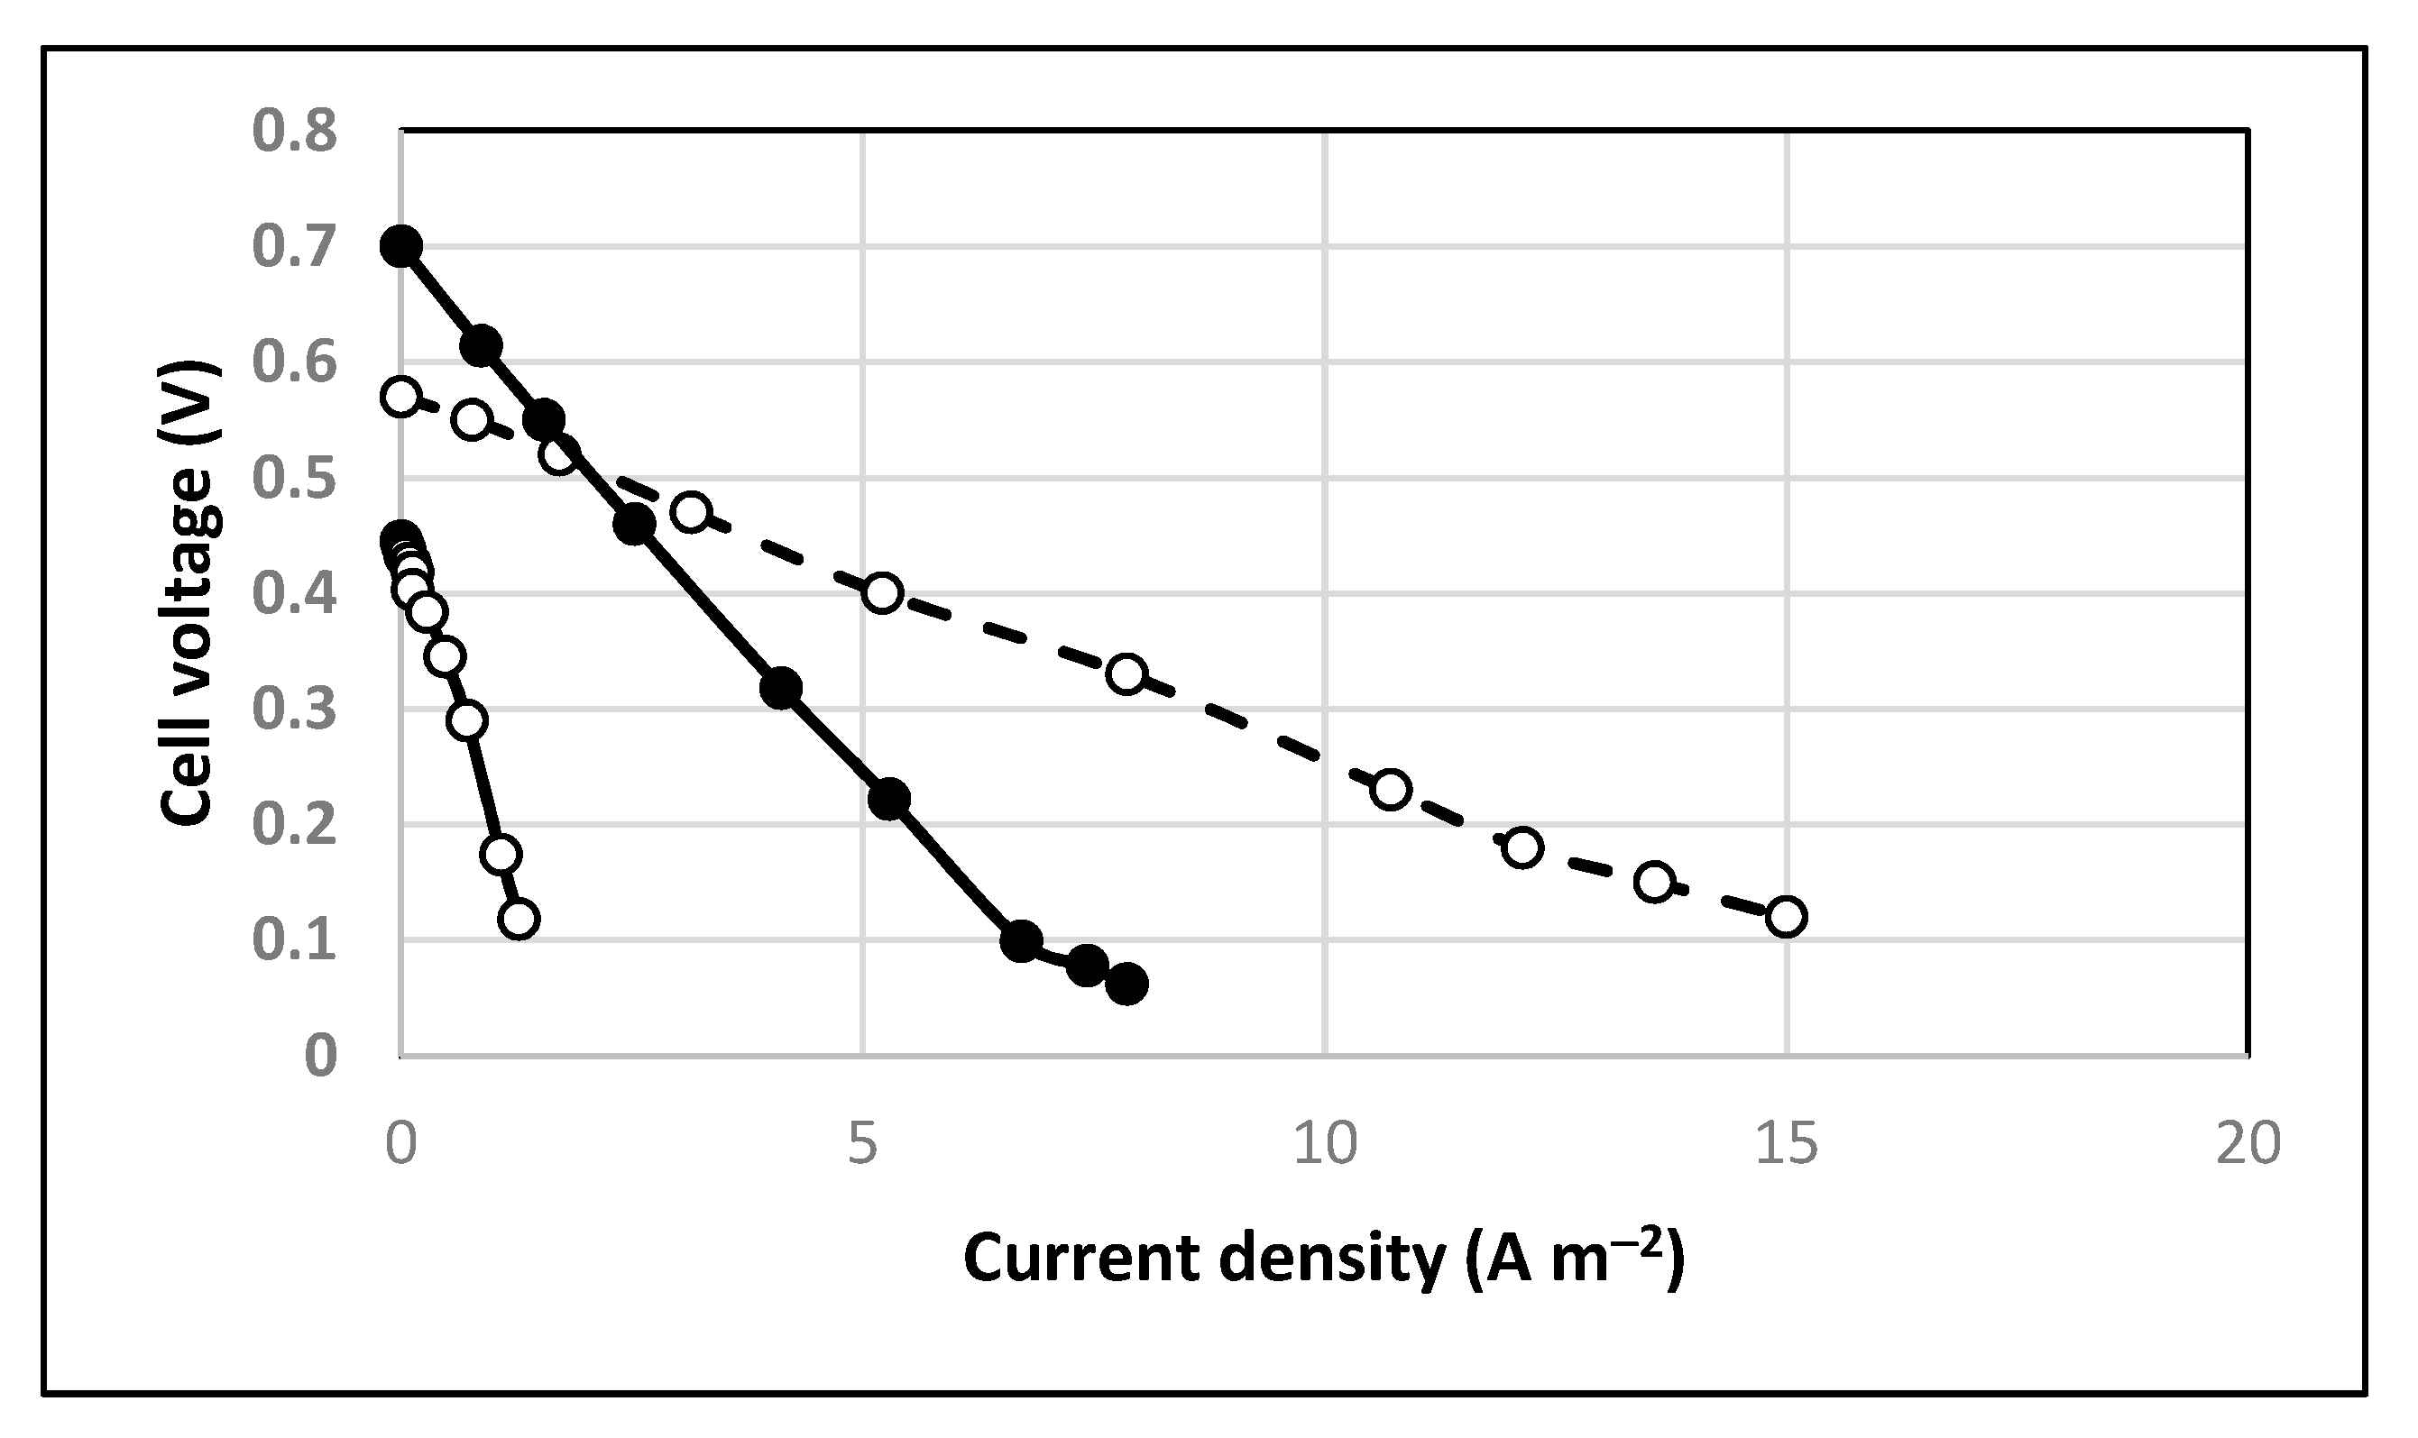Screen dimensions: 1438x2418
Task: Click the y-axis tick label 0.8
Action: pos(295,130)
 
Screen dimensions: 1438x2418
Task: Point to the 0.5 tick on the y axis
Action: pos(295,478)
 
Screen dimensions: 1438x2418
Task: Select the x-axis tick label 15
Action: pos(1786,1143)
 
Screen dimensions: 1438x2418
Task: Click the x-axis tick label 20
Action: pos(2248,1143)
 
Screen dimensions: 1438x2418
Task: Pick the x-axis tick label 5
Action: pos(861,1143)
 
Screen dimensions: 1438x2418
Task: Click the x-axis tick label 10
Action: pos(1325,1143)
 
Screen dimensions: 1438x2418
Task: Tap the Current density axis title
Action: pos(1324,1259)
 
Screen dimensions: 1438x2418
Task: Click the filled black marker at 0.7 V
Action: pos(400,245)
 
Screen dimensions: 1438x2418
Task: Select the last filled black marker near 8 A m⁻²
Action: pos(1126,985)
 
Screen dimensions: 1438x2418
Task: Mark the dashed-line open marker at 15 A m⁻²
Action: pos(1786,916)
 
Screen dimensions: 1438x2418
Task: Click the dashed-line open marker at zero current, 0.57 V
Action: pos(400,397)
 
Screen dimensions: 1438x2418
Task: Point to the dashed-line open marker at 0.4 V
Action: pos(882,592)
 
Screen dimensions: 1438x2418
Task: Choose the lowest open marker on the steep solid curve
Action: pos(519,918)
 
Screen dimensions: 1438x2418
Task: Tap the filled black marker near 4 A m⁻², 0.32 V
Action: pos(780,688)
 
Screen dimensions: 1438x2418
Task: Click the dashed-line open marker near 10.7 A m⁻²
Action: pos(1391,789)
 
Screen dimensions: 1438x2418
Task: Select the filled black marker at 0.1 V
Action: pos(1021,940)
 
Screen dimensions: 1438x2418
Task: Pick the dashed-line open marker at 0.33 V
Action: pos(1126,673)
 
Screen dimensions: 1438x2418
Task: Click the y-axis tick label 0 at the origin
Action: pos(321,1055)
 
